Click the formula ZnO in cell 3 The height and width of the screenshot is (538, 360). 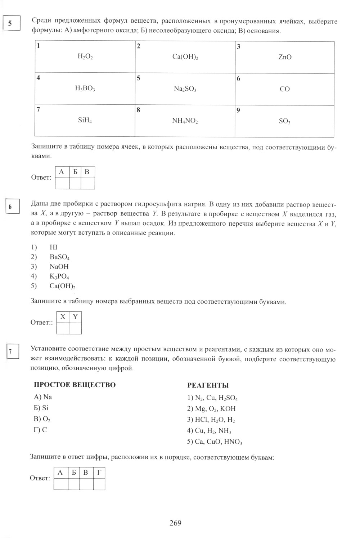coord(285,57)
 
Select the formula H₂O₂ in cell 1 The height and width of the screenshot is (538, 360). coord(85,56)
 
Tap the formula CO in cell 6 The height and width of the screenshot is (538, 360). coord(284,89)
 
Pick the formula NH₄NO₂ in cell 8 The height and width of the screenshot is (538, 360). coord(185,121)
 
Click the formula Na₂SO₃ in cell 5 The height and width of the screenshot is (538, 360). coord(185,89)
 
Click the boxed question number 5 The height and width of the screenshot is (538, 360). coord(10,24)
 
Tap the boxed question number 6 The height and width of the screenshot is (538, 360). coord(10,207)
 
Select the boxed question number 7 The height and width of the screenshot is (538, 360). coord(11,352)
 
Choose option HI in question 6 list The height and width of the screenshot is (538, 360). coord(53,247)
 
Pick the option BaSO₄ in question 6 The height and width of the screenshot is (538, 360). coord(59,257)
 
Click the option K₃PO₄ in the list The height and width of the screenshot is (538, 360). coord(59,277)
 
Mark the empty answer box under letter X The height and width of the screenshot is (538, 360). coord(63,328)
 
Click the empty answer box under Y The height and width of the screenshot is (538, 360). coord(75,328)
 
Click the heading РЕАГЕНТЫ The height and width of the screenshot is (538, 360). coord(208,385)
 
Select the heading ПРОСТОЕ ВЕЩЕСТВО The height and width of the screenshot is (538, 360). coord(75,385)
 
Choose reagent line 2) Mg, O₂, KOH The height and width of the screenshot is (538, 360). coord(211,409)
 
